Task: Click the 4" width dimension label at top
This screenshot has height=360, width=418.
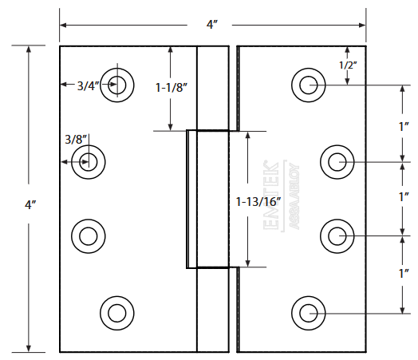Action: [x=211, y=25]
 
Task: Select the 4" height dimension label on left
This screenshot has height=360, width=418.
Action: [x=30, y=204]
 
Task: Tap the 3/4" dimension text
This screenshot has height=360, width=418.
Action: [x=89, y=85]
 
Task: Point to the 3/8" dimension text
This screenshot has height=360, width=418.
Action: [x=76, y=138]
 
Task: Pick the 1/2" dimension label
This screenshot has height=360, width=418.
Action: [x=348, y=65]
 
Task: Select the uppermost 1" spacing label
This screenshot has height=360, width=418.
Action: [x=404, y=126]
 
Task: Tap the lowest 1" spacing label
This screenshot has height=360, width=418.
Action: [x=404, y=274]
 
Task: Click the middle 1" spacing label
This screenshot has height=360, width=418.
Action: [x=404, y=196]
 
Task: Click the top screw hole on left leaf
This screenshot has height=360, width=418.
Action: [x=118, y=83]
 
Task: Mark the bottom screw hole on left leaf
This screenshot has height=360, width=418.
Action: [x=118, y=311]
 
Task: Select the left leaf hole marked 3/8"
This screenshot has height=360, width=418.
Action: [x=89, y=162]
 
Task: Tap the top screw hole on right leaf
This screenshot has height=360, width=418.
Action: [x=308, y=85]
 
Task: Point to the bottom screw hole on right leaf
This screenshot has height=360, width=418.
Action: [x=308, y=311]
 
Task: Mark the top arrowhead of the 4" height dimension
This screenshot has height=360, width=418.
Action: [x=30, y=49]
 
